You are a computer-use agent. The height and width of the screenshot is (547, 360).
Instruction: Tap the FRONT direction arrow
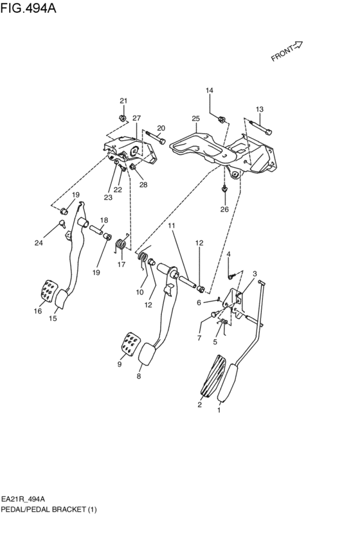(x=287, y=51)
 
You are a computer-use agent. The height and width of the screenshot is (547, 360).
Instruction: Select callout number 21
(x=123, y=100)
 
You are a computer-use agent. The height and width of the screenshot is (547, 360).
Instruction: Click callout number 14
(x=209, y=91)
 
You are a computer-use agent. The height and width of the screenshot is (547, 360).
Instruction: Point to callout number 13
(x=259, y=109)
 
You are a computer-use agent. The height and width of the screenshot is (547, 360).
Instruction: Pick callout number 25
(x=196, y=118)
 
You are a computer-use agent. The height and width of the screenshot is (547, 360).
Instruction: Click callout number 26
(x=224, y=209)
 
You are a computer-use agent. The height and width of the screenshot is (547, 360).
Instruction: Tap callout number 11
(x=172, y=226)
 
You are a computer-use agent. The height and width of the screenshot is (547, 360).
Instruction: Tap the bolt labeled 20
(x=155, y=138)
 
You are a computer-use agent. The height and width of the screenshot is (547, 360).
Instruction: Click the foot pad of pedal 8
(x=147, y=355)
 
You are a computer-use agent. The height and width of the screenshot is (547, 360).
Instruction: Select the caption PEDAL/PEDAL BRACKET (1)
(x=50, y=509)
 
